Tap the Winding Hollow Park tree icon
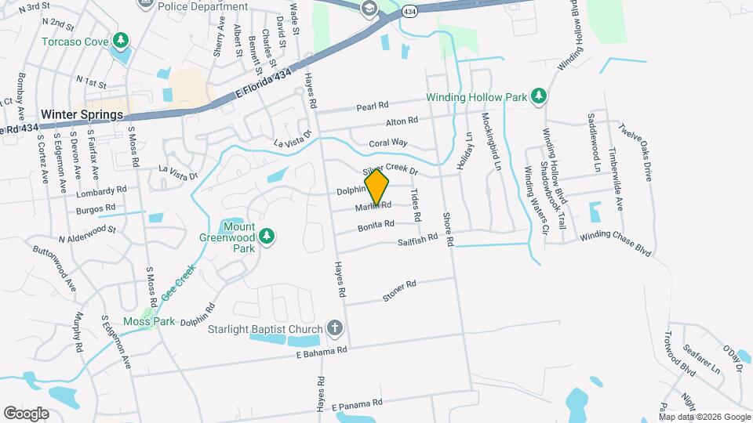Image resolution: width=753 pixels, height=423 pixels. pos(538,96)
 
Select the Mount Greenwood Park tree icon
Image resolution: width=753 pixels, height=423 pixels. pos(267,235)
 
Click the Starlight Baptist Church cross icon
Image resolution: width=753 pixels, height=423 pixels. pos(335,327)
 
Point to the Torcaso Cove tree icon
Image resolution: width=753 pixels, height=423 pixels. pos(120,40)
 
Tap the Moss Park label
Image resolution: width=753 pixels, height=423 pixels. pos(144,322)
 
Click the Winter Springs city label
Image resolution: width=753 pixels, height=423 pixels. pos(82,114)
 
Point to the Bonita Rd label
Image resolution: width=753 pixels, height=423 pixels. pos(376,226)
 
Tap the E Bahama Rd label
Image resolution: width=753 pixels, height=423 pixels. pos(322,352)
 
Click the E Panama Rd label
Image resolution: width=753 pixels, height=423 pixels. pos(357,404)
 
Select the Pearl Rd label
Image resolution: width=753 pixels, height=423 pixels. pos(373,106)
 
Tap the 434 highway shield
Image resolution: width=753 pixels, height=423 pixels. pos(409,12)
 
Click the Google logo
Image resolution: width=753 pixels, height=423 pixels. pos(26,413)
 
